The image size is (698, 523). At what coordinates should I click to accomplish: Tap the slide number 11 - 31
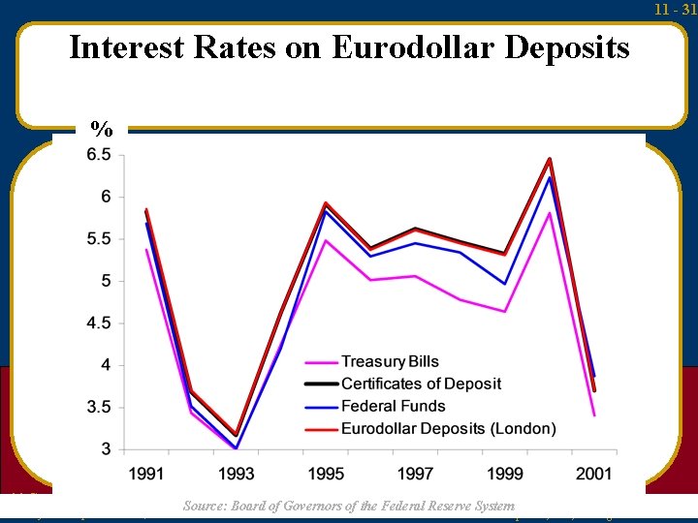tap(675, 9)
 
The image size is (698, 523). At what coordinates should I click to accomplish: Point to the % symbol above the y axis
tap(101, 129)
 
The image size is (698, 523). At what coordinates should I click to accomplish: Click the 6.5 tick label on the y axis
tap(99, 155)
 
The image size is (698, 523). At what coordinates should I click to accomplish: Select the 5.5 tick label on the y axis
tap(99, 239)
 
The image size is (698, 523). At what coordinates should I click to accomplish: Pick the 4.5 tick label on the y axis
tap(99, 323)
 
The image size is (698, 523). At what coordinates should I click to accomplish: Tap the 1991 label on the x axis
tap(146, 473)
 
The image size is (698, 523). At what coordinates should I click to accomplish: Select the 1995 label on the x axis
tap(326, 473)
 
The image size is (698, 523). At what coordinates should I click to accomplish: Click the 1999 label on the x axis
tap(505, 473)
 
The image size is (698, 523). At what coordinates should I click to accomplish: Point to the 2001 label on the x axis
tap(593, 473)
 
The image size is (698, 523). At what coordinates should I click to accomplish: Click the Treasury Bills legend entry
tap(390, 362)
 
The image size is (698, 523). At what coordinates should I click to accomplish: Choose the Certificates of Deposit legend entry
tap(421, 385)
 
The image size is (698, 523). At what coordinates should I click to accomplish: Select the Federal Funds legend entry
tap(393, 406)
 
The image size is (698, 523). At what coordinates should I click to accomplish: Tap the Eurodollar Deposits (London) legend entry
tap(448, 428)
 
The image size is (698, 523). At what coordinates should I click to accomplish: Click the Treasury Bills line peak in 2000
tap(550, 213)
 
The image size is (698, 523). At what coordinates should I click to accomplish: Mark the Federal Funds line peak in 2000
tap(550, 177)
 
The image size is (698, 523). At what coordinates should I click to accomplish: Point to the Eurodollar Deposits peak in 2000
tap(550, 159)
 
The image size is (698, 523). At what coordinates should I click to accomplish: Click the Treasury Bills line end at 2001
tap(594, 415)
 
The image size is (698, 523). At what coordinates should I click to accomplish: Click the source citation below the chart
tap(349, 506)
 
